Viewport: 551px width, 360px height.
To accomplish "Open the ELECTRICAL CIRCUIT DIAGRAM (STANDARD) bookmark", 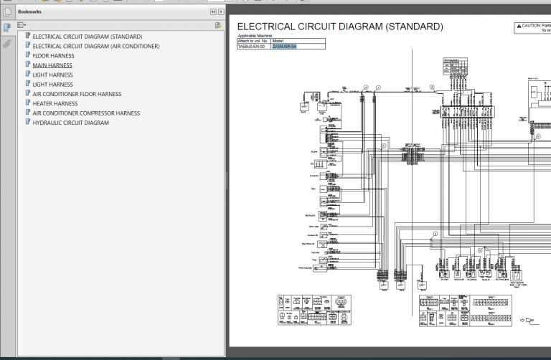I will click(87, 37).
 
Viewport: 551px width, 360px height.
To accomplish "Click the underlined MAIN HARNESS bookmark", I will click(52, 65).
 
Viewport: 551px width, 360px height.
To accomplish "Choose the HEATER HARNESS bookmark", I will click(55, 103).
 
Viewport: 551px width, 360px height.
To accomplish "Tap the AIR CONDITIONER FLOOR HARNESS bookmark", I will click(77, 94).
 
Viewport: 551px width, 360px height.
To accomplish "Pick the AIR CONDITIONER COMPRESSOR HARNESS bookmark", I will click(86, 113).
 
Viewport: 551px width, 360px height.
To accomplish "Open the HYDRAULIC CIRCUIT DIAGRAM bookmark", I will click(70, 123).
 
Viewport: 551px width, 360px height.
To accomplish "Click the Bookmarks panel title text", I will click(29, 12).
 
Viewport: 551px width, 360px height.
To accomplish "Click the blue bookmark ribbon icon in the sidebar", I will click(6, 27).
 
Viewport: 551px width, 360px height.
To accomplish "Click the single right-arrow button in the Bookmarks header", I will click(222, 12).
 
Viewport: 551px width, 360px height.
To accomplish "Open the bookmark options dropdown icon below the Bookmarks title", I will click(22, 25).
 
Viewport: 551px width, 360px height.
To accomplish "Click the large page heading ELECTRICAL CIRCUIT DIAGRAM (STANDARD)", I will click(339, 27).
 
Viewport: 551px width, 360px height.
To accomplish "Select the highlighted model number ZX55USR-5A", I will click(289, 46).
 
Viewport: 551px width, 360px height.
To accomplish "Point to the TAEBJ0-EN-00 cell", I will click(252, 46).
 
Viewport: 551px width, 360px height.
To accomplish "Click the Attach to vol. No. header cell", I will click(253, 41).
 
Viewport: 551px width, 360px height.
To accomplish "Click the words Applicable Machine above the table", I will click(255, 35).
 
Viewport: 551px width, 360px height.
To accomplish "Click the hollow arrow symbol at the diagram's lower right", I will click(530, 321).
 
